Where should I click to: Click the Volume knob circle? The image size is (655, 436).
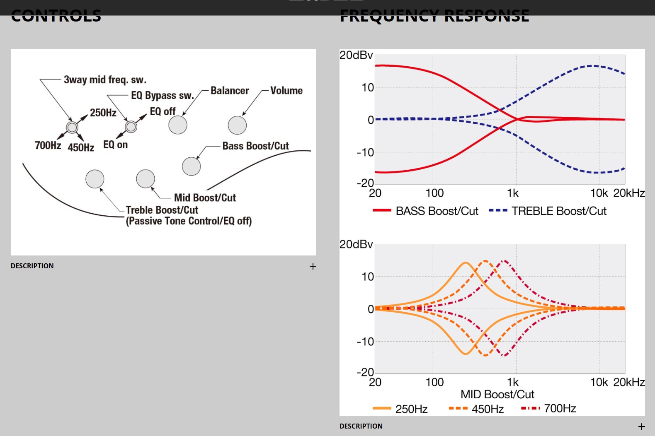237,125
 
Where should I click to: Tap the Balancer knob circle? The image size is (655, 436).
178,125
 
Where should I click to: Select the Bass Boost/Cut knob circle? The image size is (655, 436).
191,166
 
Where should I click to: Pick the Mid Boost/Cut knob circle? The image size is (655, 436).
146,178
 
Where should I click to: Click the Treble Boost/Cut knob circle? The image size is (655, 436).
95,179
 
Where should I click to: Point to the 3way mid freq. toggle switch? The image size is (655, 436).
72,127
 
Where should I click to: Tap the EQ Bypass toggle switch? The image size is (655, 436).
131,127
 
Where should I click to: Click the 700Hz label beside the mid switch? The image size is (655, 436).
48,145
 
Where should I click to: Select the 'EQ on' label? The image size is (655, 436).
115,145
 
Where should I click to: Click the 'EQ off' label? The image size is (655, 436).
163,111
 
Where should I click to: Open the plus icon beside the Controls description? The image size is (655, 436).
313,266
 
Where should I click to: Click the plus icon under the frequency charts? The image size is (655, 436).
641,426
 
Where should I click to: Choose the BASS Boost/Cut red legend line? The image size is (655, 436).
382,210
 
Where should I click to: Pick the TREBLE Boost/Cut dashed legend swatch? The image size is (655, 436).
498,210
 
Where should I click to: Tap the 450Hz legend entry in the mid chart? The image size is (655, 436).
476,409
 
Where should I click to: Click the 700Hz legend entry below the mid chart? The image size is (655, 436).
548,409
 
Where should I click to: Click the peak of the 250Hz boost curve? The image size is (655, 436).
466,263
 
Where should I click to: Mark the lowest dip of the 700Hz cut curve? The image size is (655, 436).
504,356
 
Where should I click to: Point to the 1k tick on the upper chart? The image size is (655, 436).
513,193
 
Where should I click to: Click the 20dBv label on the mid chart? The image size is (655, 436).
356,244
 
